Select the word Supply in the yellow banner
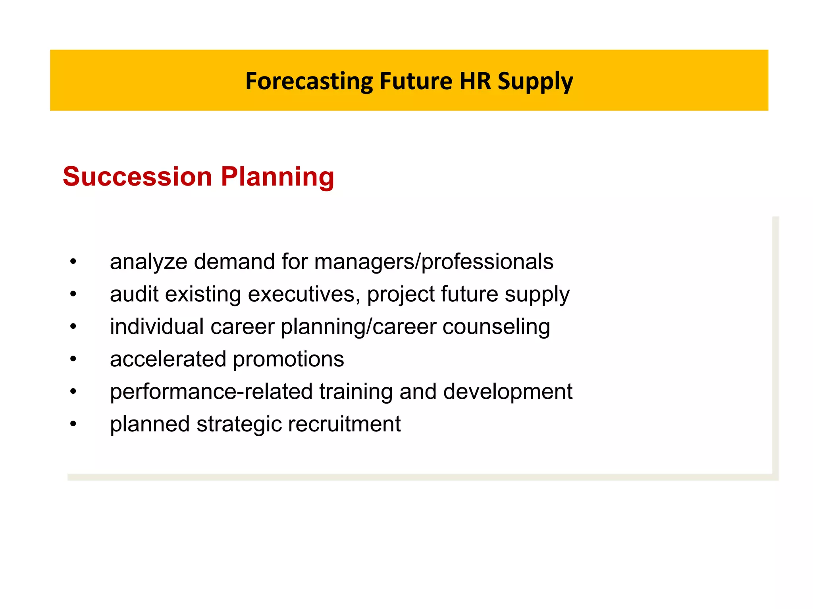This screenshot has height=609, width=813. pos(535,82)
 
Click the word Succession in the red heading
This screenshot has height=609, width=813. pos(137,176)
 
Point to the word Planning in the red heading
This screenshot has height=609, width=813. pos(277,177)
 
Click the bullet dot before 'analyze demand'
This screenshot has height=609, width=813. pos(73,262)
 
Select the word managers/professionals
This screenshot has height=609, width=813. pos(433,262)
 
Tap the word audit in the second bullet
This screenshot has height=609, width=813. pos(134,294)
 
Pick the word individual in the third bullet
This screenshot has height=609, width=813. pos(157,327)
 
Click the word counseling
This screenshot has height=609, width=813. pos(496,327)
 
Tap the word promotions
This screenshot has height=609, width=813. pos(288,360)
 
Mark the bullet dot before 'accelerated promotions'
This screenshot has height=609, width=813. pos(73,359)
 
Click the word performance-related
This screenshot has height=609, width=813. pos(211,392)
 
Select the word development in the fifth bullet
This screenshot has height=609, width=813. pos(508,392)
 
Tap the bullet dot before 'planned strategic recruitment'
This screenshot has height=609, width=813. pos(73,424)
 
